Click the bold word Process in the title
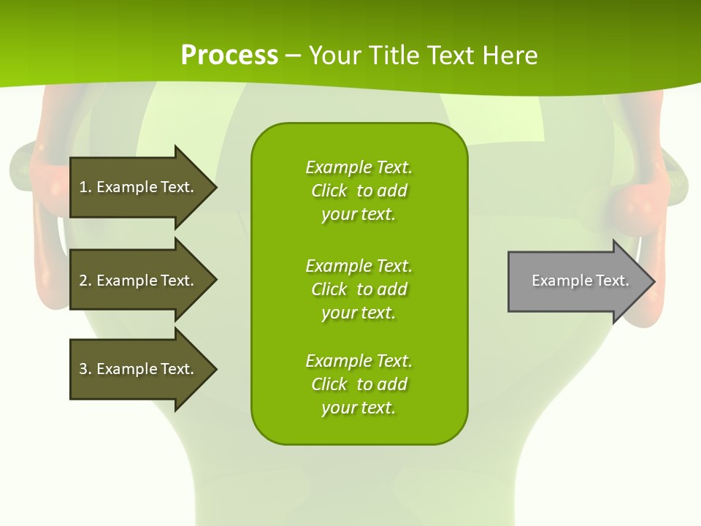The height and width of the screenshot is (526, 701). tap(229, 56)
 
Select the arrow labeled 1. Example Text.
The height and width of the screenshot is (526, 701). tap(139, 187)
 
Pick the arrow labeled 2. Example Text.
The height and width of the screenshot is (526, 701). tap(139, 281)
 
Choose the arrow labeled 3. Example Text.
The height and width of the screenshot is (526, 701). tap(139, 369)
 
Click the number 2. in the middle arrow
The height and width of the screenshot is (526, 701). tap(85, 281)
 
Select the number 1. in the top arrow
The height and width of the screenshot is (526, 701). tap(85, 187)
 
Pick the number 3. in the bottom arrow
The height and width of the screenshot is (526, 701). tap(85, 369)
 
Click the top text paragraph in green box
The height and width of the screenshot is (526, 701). tap(359, 191)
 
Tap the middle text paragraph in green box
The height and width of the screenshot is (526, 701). tap(359, 289)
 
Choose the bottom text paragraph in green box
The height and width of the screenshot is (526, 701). tap(359, 384)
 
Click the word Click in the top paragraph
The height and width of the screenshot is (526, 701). tap(329, 191)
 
